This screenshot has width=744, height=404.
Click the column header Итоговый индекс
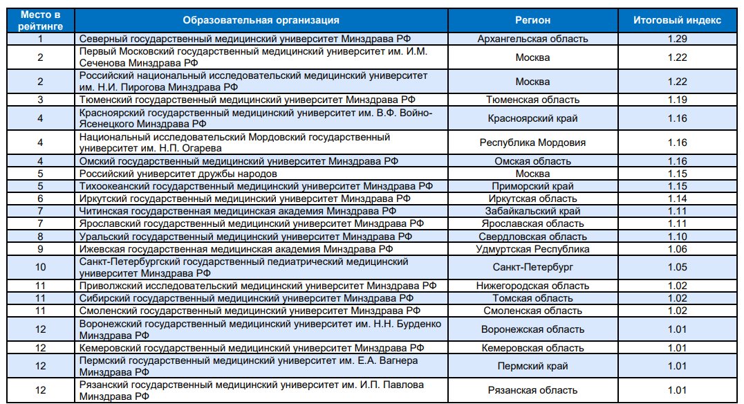[677, 20]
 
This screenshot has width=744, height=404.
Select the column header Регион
[532, 20]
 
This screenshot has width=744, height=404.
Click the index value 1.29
[677, 39]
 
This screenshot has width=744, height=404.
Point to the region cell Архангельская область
[532, 39]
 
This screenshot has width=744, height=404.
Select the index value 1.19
[677, 100]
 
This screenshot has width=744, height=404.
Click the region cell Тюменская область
[532, 100]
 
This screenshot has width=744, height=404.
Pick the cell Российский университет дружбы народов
[178, 174]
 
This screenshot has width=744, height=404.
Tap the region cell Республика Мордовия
[532, 143]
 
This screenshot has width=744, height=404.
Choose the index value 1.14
[677, 199]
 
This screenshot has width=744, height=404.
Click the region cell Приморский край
[532, 186]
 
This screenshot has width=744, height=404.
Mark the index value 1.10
[677, 237]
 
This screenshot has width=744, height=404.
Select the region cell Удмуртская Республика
[532, 249]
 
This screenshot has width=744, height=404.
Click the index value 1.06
[677, 249]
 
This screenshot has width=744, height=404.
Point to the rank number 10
[40, 267]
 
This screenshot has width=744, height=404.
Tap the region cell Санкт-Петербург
[532, 267]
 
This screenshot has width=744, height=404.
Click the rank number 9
[40, 249]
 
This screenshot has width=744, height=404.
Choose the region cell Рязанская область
[532, 390]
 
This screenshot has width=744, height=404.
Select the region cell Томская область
[532, 298]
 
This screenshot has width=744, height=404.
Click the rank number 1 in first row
[40, 39]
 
